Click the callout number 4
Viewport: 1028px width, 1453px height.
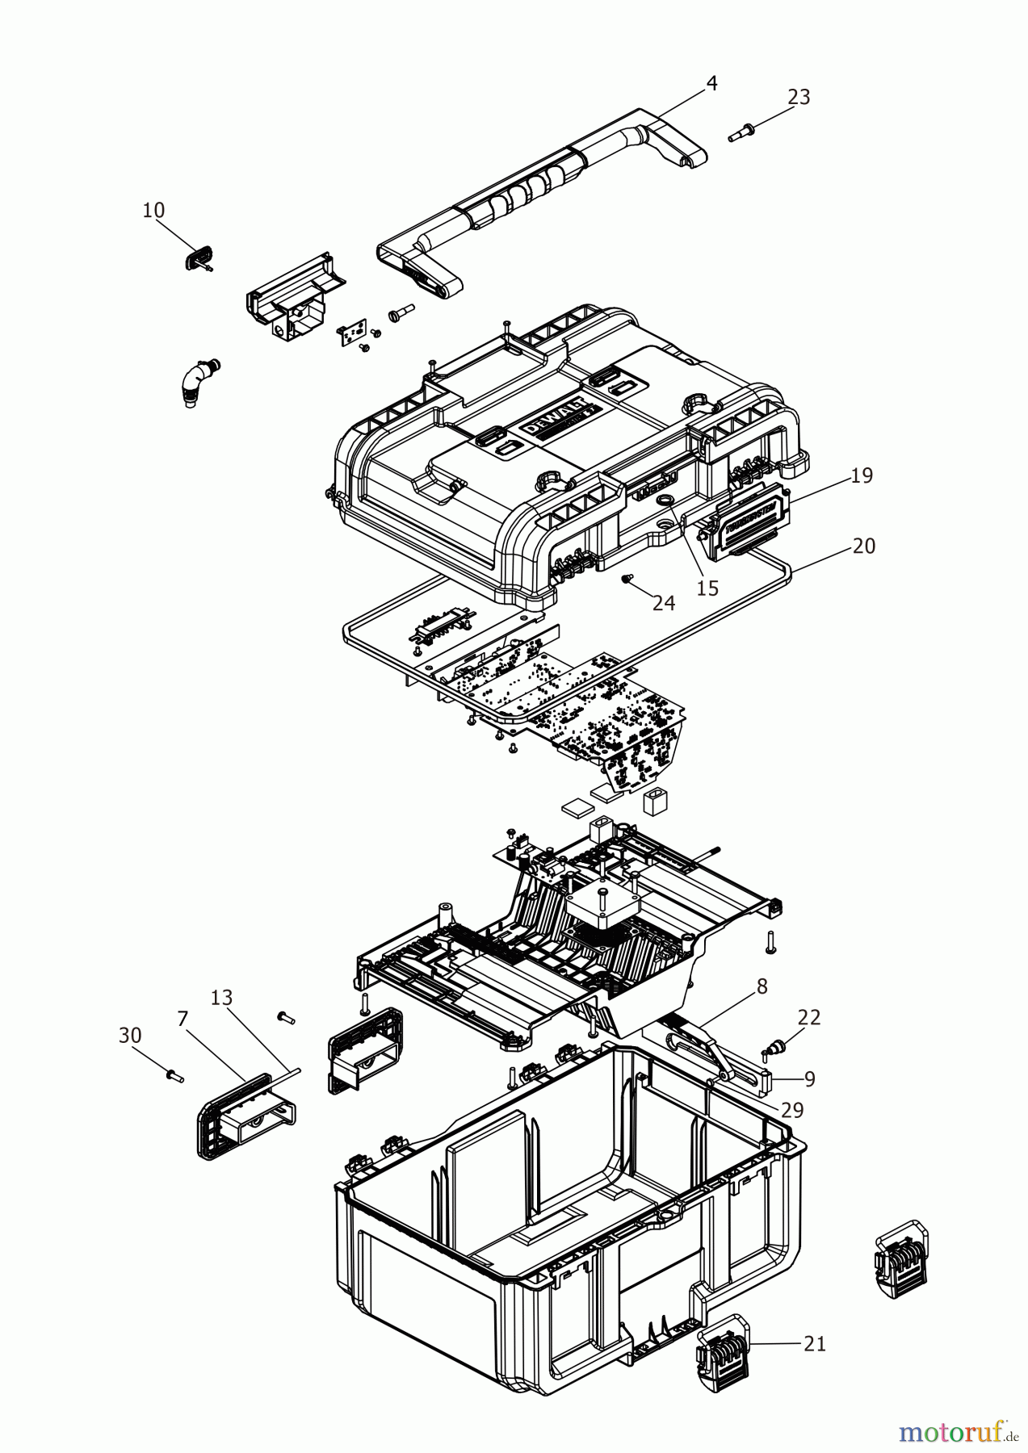click(x=711, y=83)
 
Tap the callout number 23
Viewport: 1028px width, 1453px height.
click(x=798, y=97)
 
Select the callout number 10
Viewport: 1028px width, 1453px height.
click(x=153, y=211)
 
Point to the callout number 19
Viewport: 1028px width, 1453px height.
click(x=862, y=475)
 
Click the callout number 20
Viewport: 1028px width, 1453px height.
click(x=863, y=546)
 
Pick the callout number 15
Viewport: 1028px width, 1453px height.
click(x=707, y=588)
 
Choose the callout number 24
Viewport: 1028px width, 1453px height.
click(x=664, y=602)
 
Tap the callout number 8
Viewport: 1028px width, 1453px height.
click(x=762, y=986)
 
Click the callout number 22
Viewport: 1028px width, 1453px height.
click(x=809, y=1018)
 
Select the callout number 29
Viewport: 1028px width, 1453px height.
click(x=793, y=1110)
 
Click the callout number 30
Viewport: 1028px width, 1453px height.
click(x=129, y=1035)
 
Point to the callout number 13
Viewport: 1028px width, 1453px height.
click(x=221, y=999)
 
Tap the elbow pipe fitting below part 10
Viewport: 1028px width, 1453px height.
click(x=193, y=385)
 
